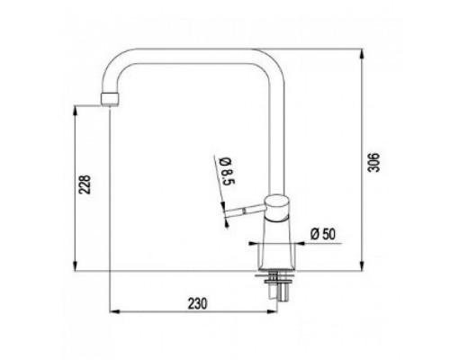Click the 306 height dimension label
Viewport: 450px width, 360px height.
click(x=374, y=162)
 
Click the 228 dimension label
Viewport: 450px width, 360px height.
click(x=85, y=184)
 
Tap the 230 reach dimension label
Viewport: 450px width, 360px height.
click(x=197, y=303)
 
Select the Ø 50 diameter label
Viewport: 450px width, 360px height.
click(x=323, y=234)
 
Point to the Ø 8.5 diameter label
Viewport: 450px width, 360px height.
click(x=227, y=171)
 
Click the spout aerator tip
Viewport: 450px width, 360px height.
click(x=110, y=99)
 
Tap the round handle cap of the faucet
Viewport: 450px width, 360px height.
click(x=276, y=208)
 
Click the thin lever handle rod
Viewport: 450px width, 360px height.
click(x=245, y=210)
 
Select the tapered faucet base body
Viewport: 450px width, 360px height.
click(x=276, y=246)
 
